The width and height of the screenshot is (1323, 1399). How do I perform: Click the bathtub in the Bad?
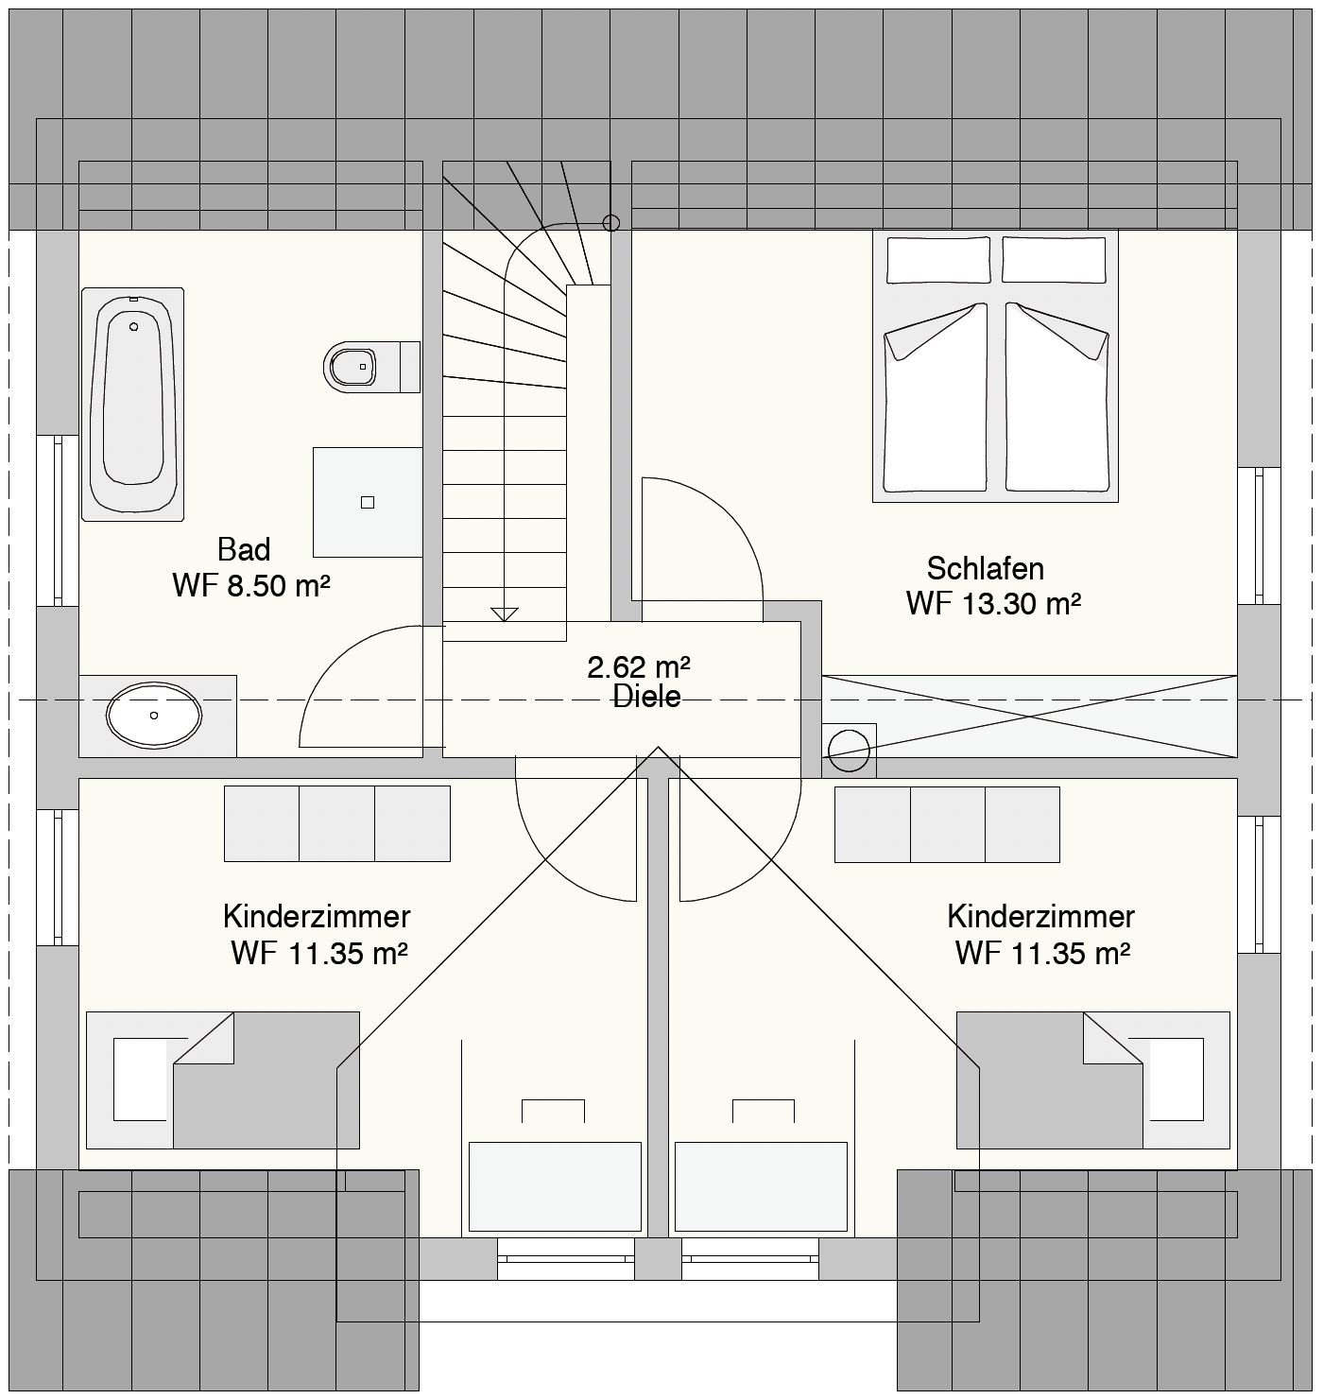[x=133, y=405]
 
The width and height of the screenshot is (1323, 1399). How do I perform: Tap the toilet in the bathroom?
[x=371, y=367]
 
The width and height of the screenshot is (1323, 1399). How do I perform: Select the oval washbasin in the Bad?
[x=154, y=716]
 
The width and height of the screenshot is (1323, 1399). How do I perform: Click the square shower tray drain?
[x=368, y=502]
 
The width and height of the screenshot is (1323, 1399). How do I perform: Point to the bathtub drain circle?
[x=134, y=327]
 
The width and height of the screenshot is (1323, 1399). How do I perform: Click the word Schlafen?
[x=985, y=568]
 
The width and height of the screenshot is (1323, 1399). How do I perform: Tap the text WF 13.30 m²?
[x=993, y=603]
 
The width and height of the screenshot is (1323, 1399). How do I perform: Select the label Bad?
[x=244, y=549]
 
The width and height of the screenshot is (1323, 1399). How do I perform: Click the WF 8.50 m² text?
[x=251, y=586]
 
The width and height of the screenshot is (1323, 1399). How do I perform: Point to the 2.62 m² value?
[x=639, y=666]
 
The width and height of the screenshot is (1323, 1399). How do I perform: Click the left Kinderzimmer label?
[x=317, y=917]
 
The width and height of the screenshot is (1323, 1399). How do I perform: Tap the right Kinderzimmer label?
[x=1041, y=917]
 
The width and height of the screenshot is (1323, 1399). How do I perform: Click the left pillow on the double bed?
[x=938, y=260]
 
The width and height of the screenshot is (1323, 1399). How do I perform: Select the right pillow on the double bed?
[x=1054, y=260]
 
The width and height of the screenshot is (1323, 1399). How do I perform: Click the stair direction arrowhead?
[x=505, y=614]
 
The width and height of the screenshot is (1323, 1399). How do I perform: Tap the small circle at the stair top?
[x=610, y=223]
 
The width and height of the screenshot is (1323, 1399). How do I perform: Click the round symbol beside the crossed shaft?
[x=849, y=751]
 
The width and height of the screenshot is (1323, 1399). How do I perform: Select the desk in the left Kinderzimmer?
[x=555, y=1186]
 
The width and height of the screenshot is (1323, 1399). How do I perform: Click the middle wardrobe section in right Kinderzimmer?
[x=948, y=824]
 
